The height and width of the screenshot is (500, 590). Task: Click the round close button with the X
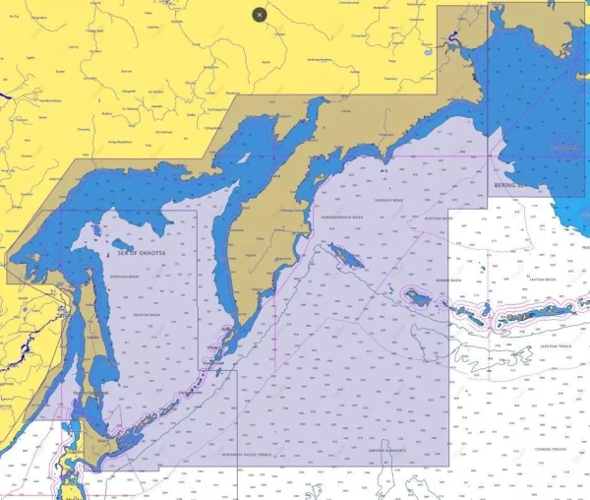pyautogui.click(x=259, y=15)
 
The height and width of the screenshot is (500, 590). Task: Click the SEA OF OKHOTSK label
pyautogui.click(x=138, y=253)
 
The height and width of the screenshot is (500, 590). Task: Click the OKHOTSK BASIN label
pyautogui.click(x=146, y=314)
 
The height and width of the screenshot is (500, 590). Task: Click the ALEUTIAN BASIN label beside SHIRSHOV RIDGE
pyautogui.click(x=439, y=219)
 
